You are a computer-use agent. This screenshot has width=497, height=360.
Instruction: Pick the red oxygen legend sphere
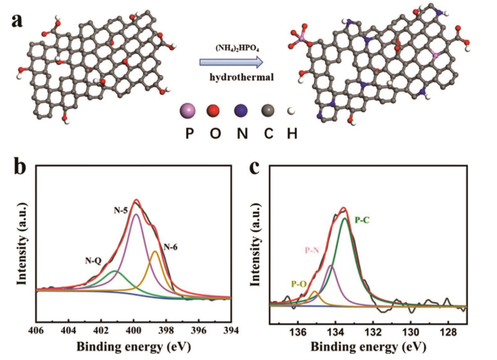pos(217,110)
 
